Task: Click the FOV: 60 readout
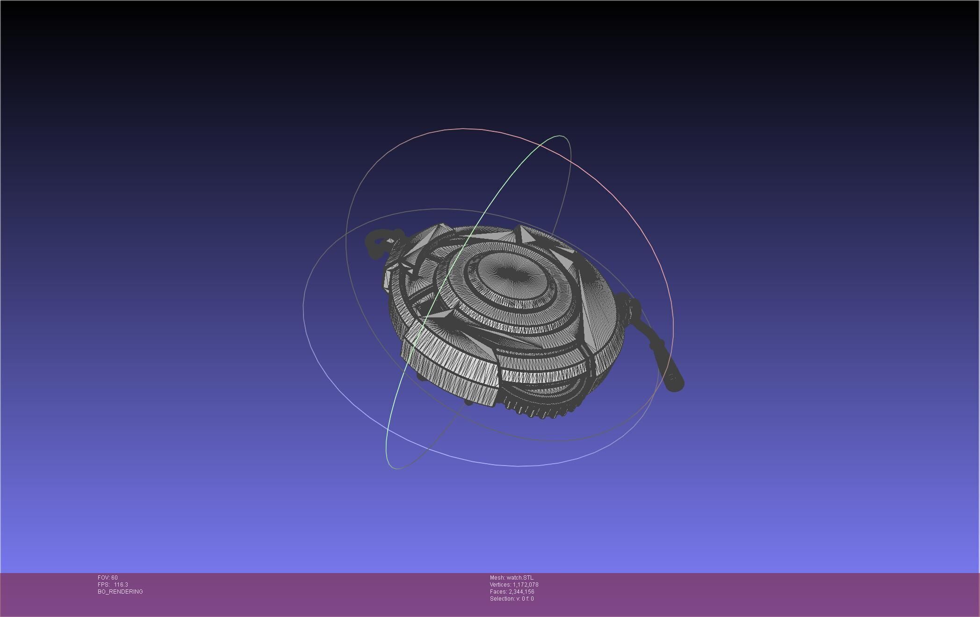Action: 108,578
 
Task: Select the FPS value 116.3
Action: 121,585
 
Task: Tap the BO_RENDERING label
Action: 120,592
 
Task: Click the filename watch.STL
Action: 520,578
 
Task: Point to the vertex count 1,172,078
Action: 526,585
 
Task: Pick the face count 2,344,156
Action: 521,592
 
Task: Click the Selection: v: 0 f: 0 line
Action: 512,599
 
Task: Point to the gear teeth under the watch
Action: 538,411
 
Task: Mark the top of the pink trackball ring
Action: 463,129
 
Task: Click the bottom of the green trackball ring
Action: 396,468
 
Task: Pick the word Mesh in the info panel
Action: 497,578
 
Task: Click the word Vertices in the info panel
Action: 500,585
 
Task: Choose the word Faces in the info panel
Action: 498,592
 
